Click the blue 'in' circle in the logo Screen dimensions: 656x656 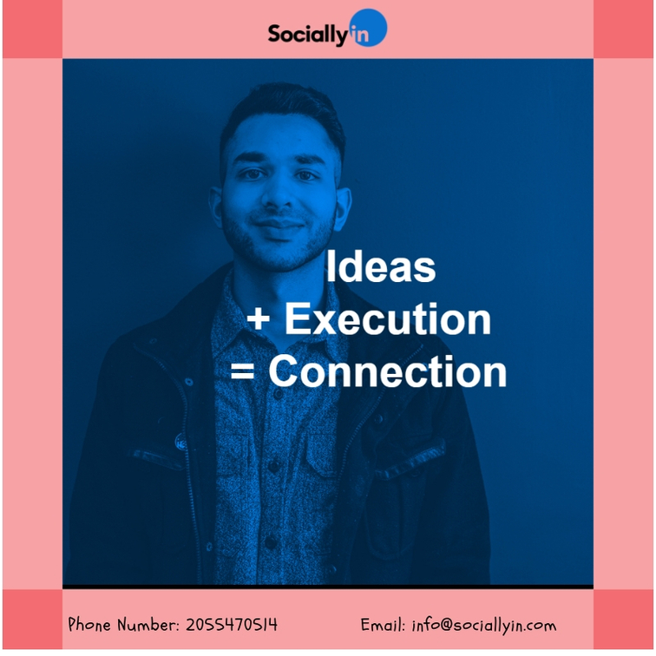point(368,28)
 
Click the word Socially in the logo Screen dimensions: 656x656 point(308,34)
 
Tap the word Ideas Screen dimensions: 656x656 point(381,266)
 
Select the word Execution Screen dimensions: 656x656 point(388,319)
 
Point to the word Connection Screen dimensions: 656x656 point(387,371)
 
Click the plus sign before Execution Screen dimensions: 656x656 point(258,319)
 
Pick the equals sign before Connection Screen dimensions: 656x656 point(242,371)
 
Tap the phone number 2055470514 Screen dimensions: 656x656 point(232,625)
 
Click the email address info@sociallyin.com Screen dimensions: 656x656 point(484,626)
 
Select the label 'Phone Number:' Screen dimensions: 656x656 point(124,624)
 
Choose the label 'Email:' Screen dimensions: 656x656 point(383,625)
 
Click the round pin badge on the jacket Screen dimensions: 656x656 point(180,443)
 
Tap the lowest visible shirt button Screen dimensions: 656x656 point(271,542)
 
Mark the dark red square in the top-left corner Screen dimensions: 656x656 point(33,30)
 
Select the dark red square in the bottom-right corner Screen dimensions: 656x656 point(623,620)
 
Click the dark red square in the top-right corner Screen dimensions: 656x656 point(623,30)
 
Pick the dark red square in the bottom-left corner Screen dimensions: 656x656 point(33,620)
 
